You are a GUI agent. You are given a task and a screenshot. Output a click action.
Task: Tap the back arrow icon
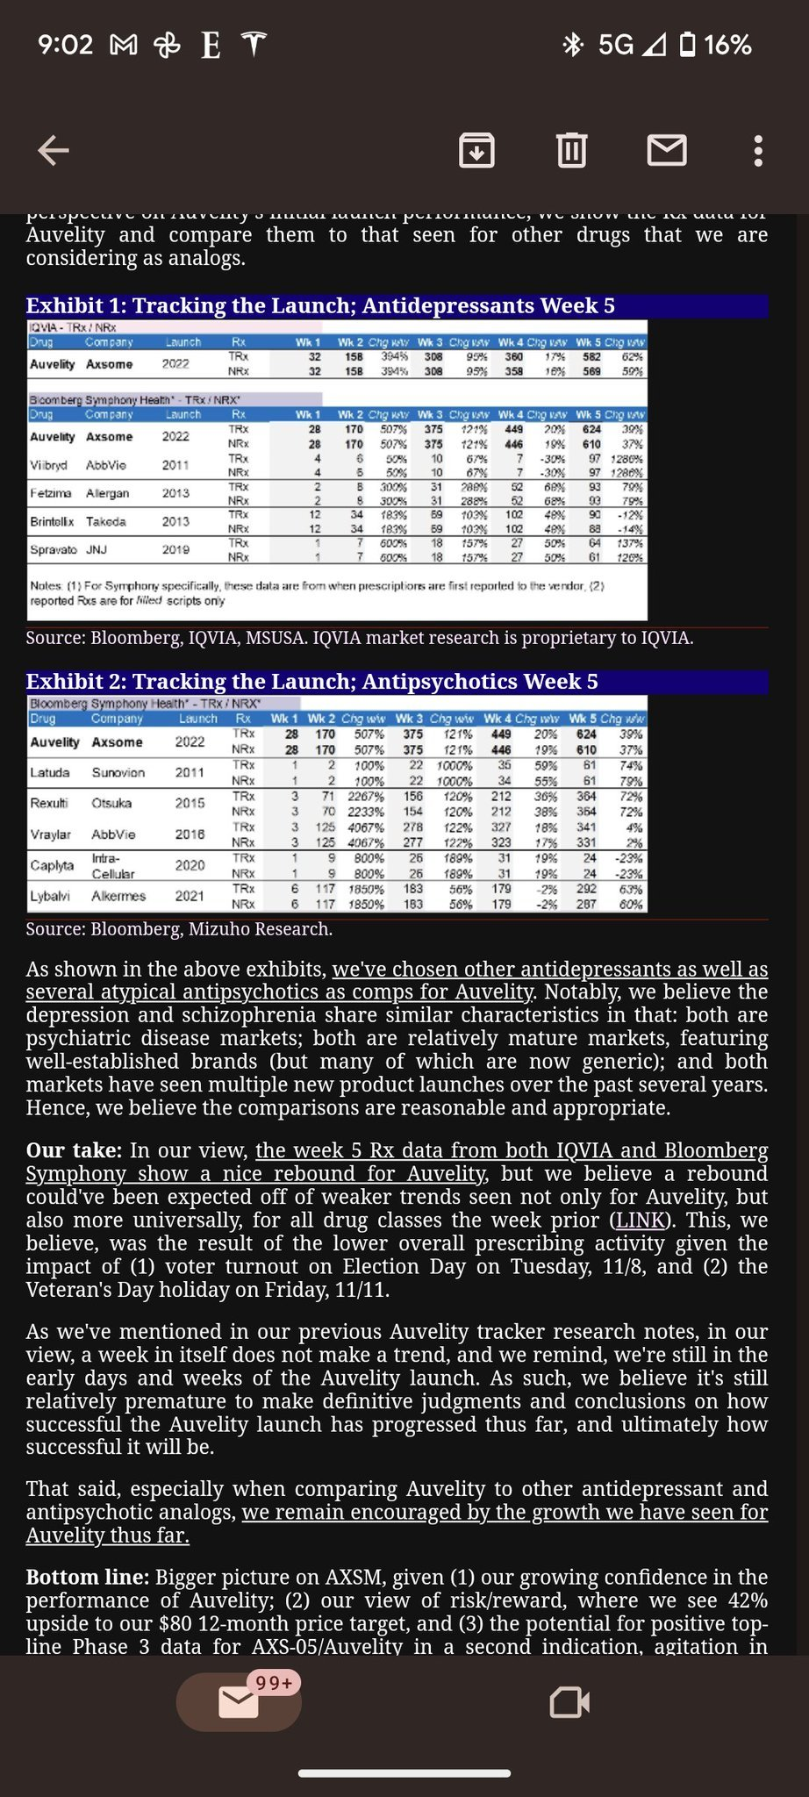(x=54, y=151)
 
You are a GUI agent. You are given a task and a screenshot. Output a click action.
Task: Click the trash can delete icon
(x=571, y=150)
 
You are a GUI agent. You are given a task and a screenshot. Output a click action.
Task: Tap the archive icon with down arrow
(x=476, y=150)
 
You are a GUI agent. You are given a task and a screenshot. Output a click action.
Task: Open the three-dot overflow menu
(x=758, y=151)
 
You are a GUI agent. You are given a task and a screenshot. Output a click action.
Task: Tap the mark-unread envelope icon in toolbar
(x=667, y=150)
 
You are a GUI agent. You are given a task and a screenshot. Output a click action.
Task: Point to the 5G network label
(x=615, y=45)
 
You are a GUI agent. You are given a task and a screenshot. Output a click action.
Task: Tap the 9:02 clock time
(x=65, y=45)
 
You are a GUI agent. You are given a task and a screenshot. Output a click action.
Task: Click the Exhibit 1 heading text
(x=320, y=305)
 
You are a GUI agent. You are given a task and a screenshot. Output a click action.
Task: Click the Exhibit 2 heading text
(x=311, y=682)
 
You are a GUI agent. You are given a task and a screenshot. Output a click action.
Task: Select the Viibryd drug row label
(x=47, y=465)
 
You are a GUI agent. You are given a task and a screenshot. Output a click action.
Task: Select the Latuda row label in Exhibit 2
(x=49, y=772)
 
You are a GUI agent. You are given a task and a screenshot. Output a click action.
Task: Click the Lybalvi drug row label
(x=50, y=896)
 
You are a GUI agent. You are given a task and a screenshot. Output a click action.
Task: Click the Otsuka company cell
(x=111, y=803)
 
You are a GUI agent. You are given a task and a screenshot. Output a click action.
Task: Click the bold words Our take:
(x=74, y=1150)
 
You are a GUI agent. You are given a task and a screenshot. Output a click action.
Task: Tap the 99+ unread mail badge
(x=274, y=1682)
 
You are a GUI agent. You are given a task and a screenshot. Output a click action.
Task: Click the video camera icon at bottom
(x=569, y=1702)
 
